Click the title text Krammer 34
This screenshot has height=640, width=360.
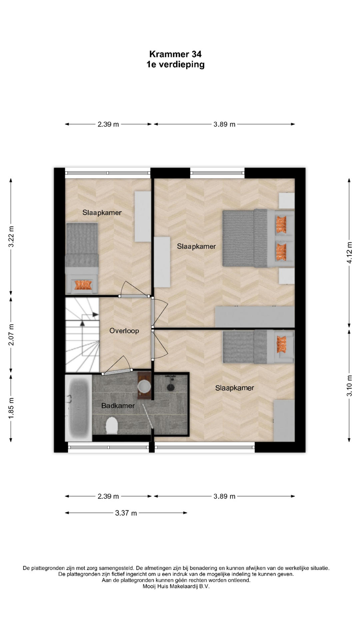click(x=175, y=54)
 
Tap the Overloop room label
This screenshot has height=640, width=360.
click(x=124, y=331)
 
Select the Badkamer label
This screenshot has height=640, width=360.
click(x=118, y=406)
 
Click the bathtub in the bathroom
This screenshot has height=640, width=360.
click(x=78, y=408)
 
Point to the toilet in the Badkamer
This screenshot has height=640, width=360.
click(x=112, y=426)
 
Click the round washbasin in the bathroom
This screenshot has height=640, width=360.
click(x=144, y=386)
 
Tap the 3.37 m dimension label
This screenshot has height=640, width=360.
click(x=126, y=513)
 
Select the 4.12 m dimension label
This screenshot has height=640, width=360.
click(x=349, y=252)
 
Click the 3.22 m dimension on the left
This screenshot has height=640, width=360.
click(x=11, y=237)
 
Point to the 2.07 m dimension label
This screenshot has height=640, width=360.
click(x=11, y=335)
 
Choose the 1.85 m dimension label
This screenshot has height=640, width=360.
click(x=11, y=408)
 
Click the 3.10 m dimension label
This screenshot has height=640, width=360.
click(x=349, y=386)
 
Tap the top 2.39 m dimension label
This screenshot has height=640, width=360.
click(x=108, y=124)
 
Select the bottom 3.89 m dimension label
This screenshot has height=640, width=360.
click(x=224, y=496)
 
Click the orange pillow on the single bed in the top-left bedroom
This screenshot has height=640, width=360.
click(x=83, y=285)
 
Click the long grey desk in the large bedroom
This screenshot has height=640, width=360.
click(x=255, y=317)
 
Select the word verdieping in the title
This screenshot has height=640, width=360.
click(x=181, y=64)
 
